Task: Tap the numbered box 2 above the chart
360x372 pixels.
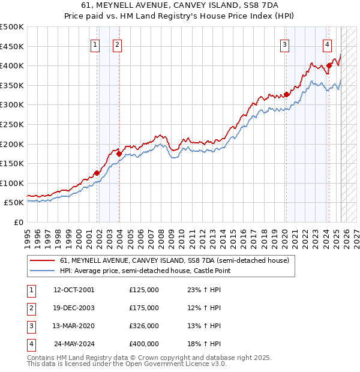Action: point(117,44)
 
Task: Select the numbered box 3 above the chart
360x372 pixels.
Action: point(284,44)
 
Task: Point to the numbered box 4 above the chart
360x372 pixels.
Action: point(327,44)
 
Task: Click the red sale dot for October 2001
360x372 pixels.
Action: point(97,173)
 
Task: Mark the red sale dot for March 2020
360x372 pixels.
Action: point(287,94)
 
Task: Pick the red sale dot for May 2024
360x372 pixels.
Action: point(329,65)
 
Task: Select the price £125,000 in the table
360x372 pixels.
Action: point(144,290)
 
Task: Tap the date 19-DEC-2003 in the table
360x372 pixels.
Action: point(74,308)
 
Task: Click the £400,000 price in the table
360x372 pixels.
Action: point(144,344)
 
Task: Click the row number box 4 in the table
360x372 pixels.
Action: point(31,344)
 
